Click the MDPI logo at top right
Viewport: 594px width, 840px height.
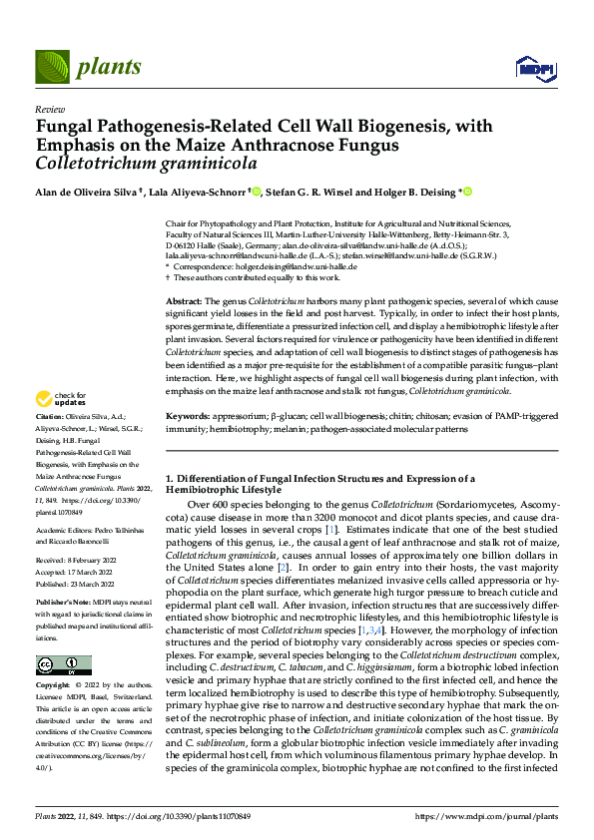(x=530, y=68)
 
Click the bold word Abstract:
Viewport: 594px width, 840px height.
(x=184, y=299)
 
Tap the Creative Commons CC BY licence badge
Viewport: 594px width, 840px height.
(x=64, y=665)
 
